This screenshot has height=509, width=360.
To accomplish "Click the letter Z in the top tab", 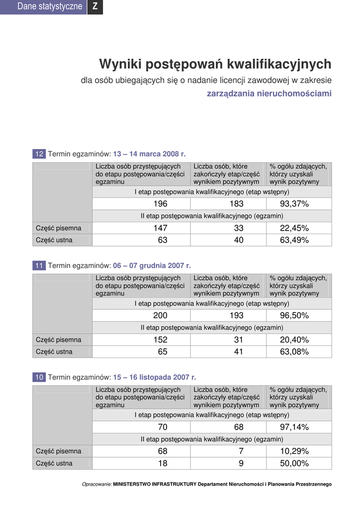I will coord(95,6).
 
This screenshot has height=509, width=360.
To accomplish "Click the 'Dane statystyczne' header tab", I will coord(50,6).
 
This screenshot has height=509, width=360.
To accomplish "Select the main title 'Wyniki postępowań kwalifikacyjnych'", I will coord(215,64).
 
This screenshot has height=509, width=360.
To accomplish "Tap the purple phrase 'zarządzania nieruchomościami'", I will coord(269,93).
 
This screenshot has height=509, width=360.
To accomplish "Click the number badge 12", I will coord(39,154).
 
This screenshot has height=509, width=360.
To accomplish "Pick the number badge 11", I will coord(39,265).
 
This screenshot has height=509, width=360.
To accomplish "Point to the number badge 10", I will coord(39,377).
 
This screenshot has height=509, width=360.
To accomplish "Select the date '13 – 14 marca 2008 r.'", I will coord(149,154).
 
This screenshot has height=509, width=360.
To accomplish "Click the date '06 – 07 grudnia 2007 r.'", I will coord(152,265).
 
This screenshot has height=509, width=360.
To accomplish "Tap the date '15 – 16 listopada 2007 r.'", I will coord(155,377).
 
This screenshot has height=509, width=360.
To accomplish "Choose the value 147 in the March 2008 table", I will coord(160,228).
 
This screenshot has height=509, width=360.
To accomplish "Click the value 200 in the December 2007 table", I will coord(160,316).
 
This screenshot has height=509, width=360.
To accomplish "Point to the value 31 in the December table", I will coord(239,340).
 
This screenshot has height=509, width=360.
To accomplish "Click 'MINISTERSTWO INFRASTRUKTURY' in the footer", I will coord(155,484).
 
